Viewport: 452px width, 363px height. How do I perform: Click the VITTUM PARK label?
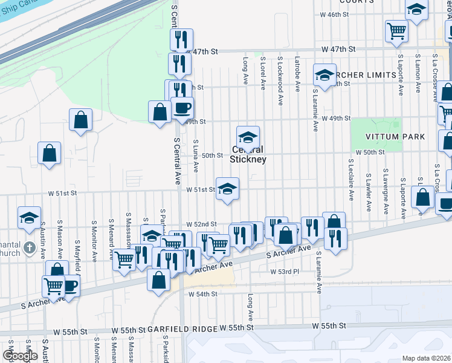click(395, 137)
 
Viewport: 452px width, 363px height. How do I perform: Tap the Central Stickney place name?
click(248, 155)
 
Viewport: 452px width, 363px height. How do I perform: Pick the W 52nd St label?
click(201, 224)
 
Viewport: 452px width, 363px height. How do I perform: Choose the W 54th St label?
click(202, 294)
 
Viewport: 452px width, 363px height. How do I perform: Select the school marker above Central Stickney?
click(248, 138)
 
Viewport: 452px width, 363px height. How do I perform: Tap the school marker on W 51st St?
click(227, 189)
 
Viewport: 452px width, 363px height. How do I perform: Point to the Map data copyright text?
click(426, 358)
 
